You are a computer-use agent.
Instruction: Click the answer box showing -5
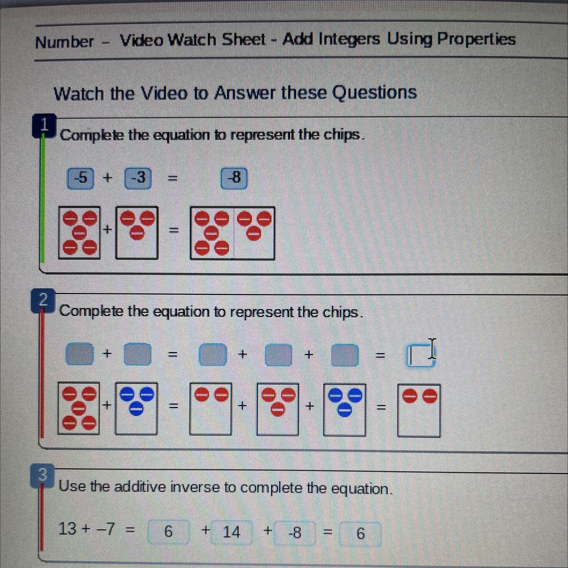(80, 178)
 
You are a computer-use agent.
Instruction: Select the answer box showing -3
(138, 178)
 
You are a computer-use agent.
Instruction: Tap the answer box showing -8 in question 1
(234, 178)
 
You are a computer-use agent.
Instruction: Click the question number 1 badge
(44, 125)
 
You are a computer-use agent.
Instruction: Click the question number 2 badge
(43, 300)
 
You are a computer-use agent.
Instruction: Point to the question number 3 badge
(42, 475)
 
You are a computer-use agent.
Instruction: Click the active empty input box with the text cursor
(420, 356)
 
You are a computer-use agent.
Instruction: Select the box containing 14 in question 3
(231, 532)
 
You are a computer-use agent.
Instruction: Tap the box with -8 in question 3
(294, 533)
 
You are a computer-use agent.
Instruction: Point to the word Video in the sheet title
(142, 40)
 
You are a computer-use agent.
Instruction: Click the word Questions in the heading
(375, 93)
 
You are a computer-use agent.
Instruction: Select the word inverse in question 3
(194, 487)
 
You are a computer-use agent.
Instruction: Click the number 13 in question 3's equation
(68, 529)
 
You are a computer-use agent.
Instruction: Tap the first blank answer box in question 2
(80, 353)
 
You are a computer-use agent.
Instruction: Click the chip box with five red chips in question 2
(79, 408)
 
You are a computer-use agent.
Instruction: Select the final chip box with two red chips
(419, 411)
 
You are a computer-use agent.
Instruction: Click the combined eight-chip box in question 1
(232, 233)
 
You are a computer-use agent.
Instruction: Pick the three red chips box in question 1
(136, 233)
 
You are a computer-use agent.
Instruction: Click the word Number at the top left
(65, 42)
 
